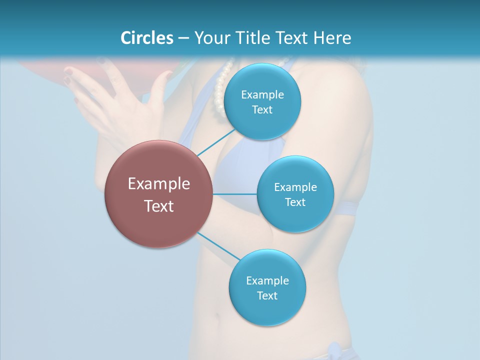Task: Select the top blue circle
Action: click(262, 102)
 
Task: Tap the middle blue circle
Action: click(295, 194)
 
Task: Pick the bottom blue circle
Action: click(267, 288)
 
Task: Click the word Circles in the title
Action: click(146, 37)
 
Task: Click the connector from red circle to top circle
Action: click(216, 142)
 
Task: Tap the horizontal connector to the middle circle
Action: click(235, 194)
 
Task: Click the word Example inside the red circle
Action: click(159, 183)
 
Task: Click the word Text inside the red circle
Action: click(159, 205)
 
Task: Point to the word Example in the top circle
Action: click(262, 94)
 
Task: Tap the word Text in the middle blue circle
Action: click(295, 202)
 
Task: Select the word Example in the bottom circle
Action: click(267, 280)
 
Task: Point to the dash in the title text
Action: click(183, 38)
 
